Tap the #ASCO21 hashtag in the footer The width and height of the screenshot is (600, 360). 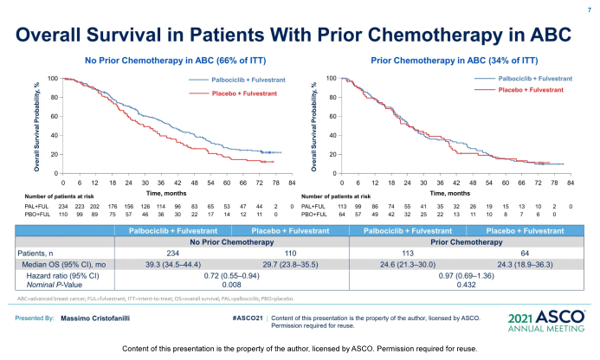click(248, 318)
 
